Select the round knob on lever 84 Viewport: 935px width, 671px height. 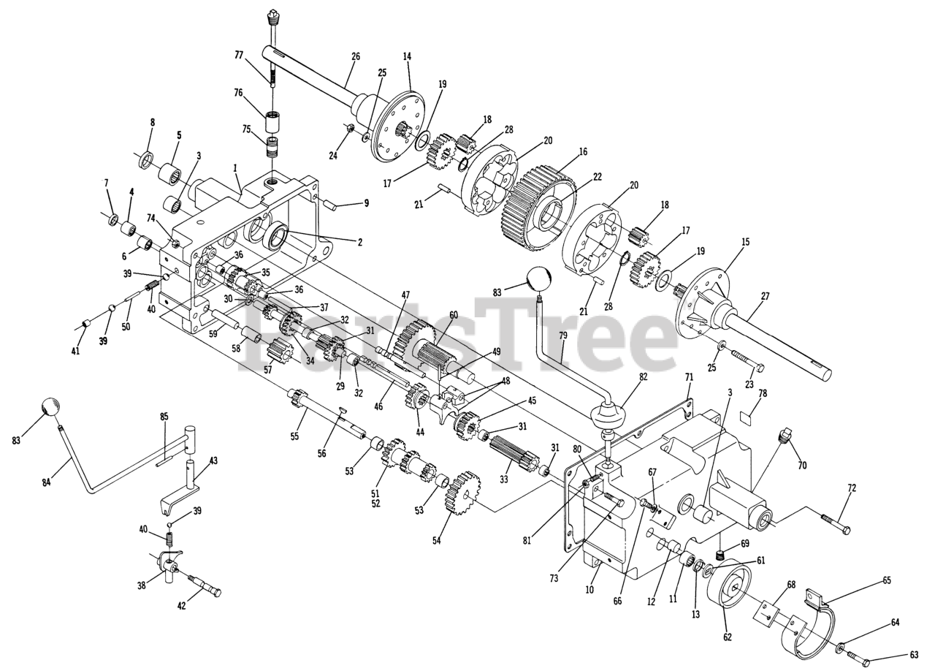49,407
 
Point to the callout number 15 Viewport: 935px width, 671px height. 744,241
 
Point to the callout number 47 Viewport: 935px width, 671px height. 405,295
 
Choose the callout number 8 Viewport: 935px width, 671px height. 152,122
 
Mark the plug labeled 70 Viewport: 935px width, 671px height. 785,439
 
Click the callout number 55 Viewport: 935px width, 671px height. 294,436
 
